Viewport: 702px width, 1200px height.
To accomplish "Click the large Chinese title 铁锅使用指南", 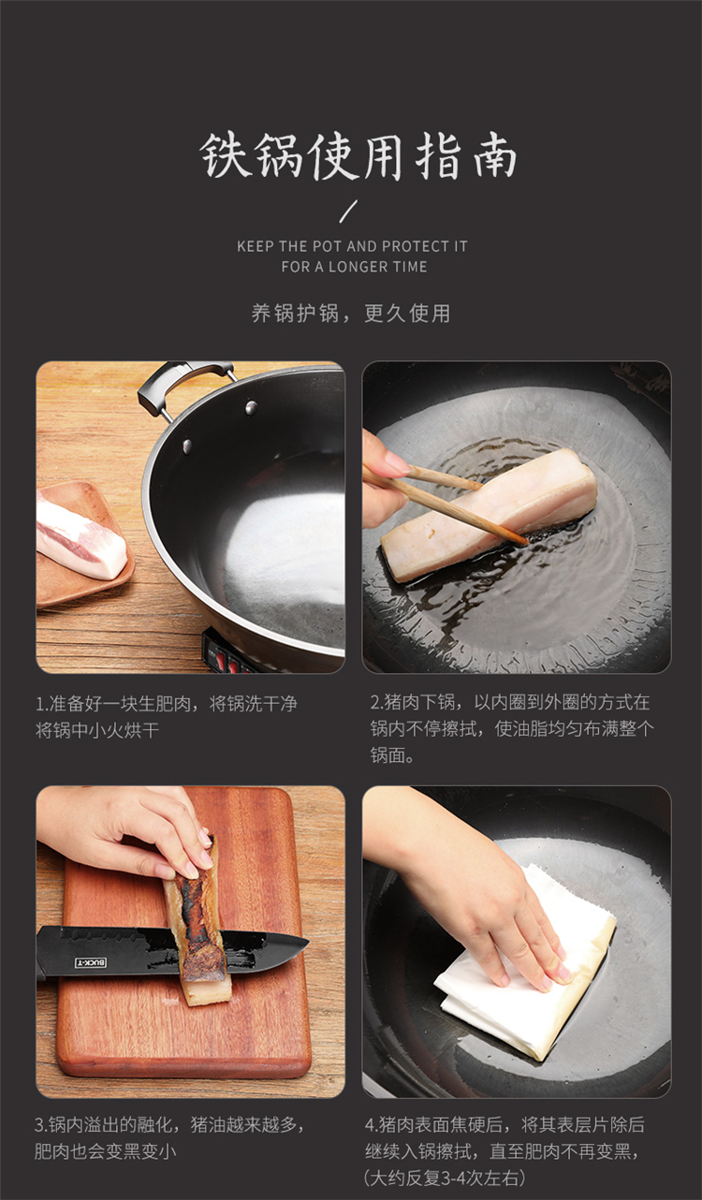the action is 358,156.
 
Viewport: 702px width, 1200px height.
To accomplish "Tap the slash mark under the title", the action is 349,211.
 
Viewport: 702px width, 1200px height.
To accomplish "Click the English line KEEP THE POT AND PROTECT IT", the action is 352,246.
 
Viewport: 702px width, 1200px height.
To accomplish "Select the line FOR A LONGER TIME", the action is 354,267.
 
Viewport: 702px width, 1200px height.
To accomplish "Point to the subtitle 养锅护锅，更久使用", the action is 351,314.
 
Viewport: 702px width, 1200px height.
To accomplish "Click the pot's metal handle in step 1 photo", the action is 185,380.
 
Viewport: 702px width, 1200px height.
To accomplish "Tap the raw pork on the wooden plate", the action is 80,534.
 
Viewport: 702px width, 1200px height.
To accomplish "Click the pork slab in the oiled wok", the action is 489,514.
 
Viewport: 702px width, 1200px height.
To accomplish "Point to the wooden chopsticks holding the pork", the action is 446,504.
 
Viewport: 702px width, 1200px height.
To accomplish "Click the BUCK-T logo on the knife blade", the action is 91,962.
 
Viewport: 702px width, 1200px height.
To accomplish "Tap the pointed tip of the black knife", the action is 308,942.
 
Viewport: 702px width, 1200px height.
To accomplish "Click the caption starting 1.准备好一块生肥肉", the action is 166,716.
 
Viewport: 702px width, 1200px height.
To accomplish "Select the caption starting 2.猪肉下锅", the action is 512,728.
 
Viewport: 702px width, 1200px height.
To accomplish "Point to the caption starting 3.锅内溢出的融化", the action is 169,1137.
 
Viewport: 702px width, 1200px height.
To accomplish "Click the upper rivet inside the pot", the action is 251,408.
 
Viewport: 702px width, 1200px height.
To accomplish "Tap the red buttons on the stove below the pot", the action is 227,664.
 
